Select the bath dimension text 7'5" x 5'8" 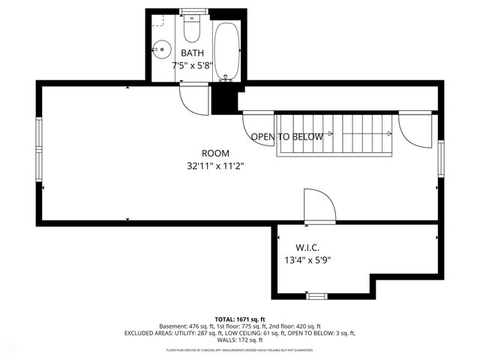click(x=193, y=65)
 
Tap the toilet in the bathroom click(x=191, y=31)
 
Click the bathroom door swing click(x=193, y=99)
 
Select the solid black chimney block click(x=223, y=98)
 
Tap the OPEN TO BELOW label click(x=286, y=136)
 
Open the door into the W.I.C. click(x=318, y=206)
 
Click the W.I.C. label click(x=308, y=247)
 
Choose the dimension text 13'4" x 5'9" click(x=307, y=260)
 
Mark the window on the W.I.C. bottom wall click(x=317, y=295)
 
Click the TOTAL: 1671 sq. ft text click(x=240, y=319)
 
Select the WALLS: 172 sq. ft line click(x=240, y=340)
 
